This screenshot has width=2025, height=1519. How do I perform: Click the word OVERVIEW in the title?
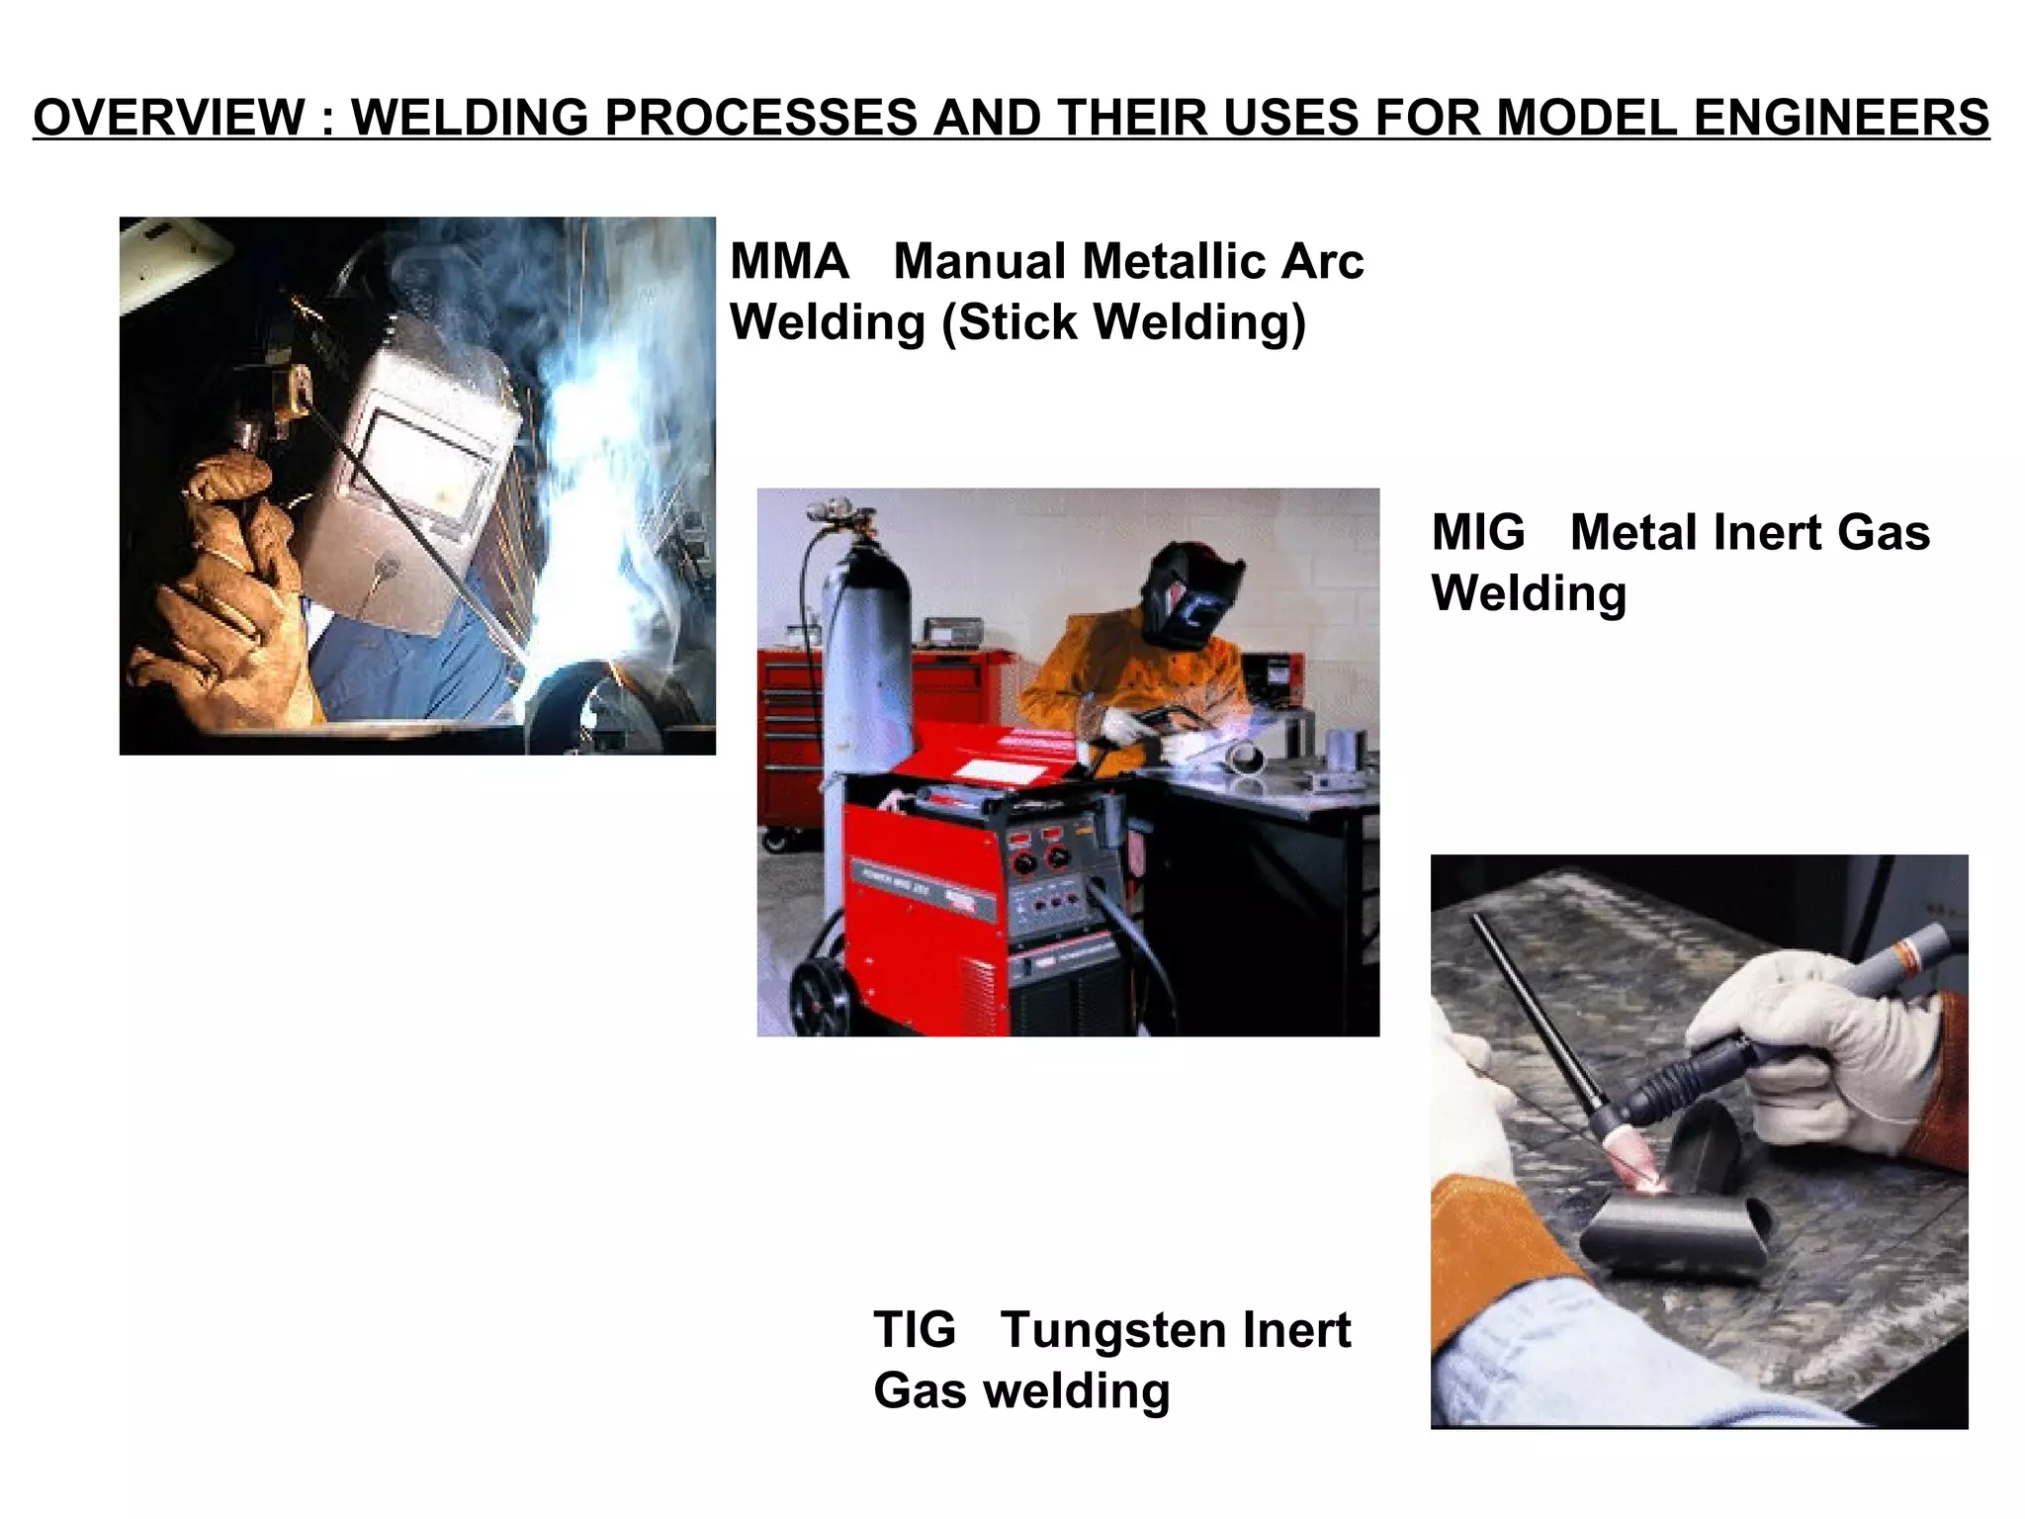pos(169,118)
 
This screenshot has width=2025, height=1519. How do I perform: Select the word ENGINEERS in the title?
pos(1841,118)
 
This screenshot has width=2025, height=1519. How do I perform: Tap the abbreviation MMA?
pos(789,262)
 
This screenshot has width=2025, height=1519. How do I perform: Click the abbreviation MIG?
pos(1478,533)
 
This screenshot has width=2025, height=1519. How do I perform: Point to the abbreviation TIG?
pos(915,1330)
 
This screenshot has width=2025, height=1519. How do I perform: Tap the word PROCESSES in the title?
pos(761,118)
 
